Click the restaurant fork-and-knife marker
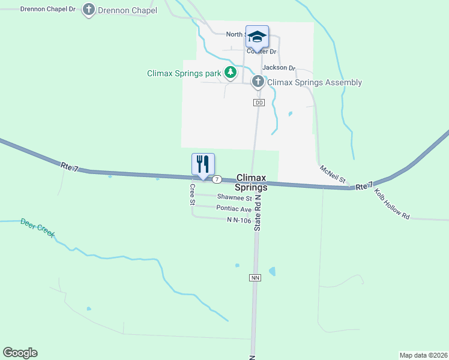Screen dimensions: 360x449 click(203, 163)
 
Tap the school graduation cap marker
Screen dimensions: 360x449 click(257, 37)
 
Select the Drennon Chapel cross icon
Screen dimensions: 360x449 click(89, 10)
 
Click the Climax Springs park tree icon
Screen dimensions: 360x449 click(230, 73)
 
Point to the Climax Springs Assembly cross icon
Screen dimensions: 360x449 click(258, 82)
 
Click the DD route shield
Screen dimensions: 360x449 click(259, 103)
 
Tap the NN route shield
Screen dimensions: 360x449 click(255, 278)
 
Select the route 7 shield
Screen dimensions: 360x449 click(217, 179)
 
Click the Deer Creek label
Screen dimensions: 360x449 click(38, 227)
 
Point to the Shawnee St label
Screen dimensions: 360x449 click(234, 197)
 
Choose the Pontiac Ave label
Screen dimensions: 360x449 click(234, 209)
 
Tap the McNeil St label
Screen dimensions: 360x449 click(333, 174)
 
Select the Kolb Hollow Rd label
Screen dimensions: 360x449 click(391, 204)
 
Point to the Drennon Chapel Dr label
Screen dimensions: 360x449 click(48, 10)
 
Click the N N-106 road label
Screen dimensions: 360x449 click(239, 220)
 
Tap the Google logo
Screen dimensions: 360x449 click(20, 353)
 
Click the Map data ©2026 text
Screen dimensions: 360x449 click(423, 355)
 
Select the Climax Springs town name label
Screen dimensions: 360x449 click(252, 182)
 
